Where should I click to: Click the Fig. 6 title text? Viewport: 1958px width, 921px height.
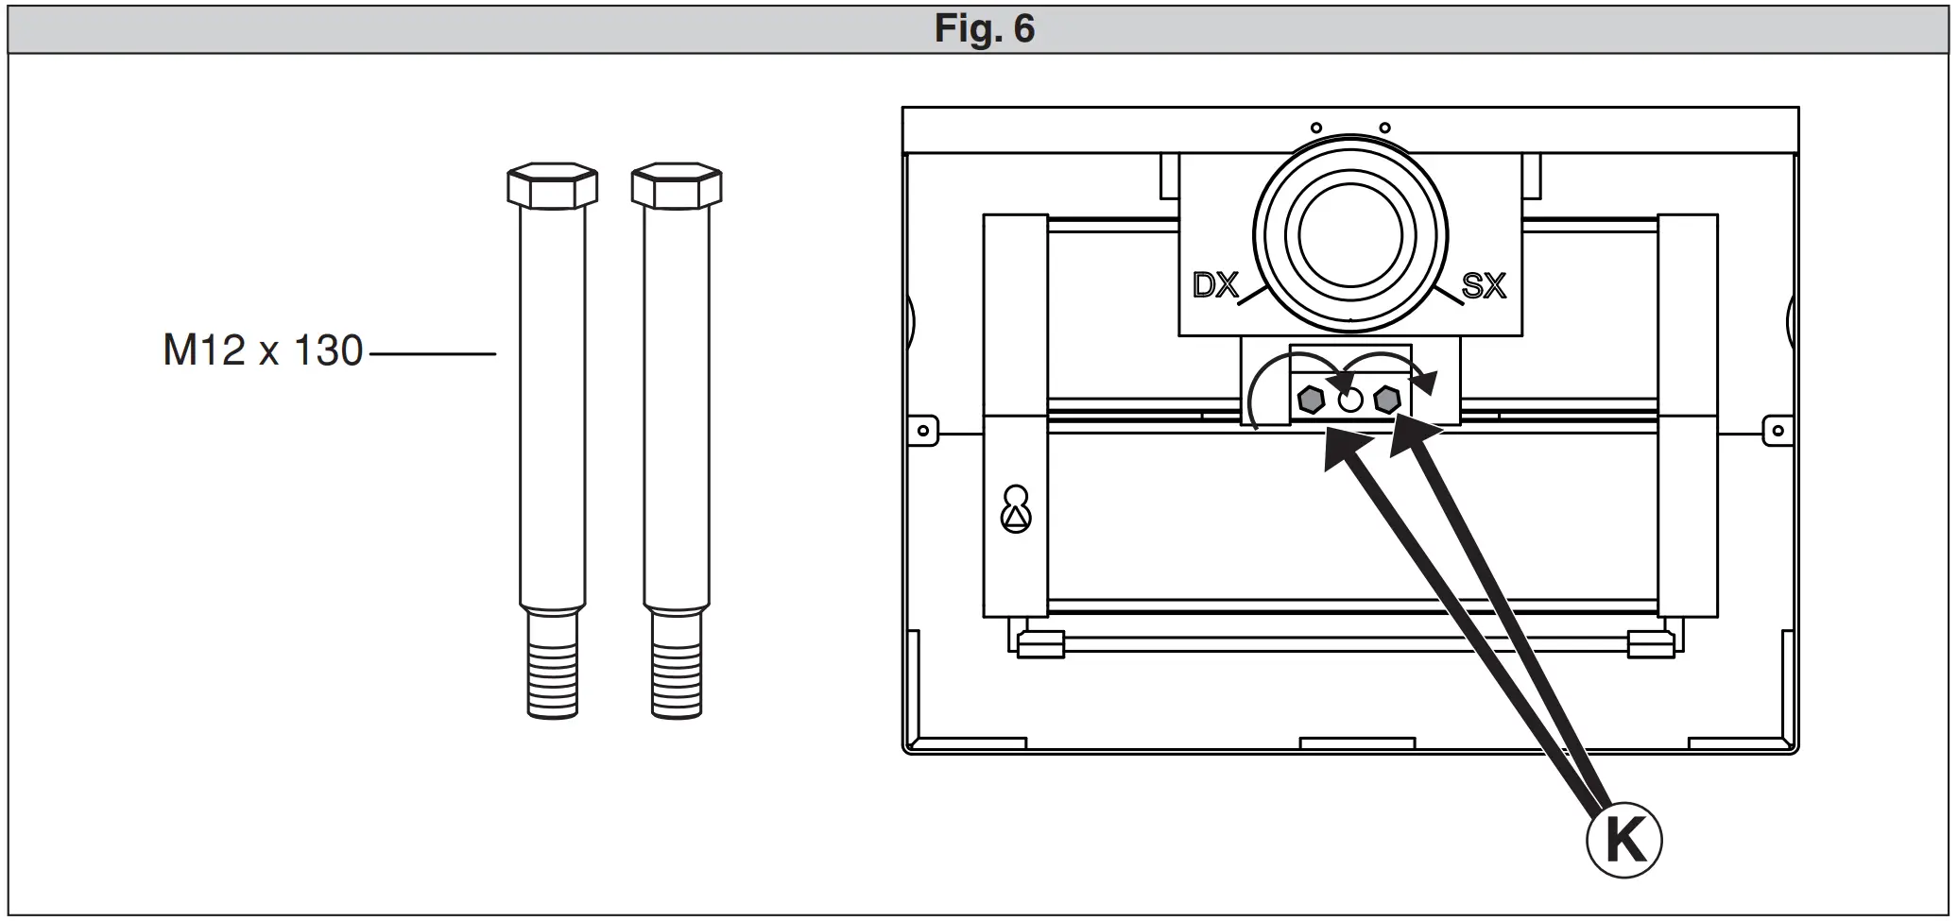pyautogui.click(x=984, y=28)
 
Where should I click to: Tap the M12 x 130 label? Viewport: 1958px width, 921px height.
pyautogui.click(x=263, y=351)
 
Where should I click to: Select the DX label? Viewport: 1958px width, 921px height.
pyautogui.click(x=1214, y=285)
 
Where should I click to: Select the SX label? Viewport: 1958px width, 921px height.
pyautogui.click(x=1483, y=285)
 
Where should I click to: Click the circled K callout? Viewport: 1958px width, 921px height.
pyautogui.click(x=1623, y=840)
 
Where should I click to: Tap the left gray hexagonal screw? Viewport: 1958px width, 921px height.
pyautogui.click(x=1311, y=400)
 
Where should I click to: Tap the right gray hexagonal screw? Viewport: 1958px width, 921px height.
pyautogui.click(x=1386, y=400)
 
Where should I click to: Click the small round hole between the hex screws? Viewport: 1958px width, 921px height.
pyautogui.click(x=1350, y=401)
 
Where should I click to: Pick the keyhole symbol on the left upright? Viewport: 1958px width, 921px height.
pyautogui.click(x=1016, y=510)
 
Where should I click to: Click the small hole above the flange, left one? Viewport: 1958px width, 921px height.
pyautogui.click(x=1315, y=128)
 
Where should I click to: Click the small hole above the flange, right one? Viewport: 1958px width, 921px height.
pyautogui.click(x=1384, y=128)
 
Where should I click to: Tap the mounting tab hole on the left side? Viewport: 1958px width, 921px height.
pyautogui.click(x=923, y=431)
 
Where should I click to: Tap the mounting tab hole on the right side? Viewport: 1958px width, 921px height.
pyautogui.click(x=1778, y=431)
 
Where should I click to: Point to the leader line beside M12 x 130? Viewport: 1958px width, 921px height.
pyautogui.click(x=433, y=354)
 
